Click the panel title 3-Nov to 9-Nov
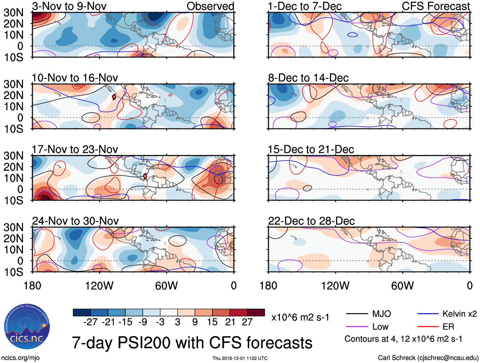click(x=69, y=6)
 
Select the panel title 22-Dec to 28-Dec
click(x=311, y=221)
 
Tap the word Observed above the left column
click(x=210, y=6)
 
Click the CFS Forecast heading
click(x=435, y=6)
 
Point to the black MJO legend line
click(x=357, y=314)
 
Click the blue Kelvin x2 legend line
click(x=428, y=314)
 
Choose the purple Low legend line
click(x=357, y=326)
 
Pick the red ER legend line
click(x=428, y=326)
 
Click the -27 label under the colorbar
click(x=90, y=322)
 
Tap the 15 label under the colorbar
click(x=212, y=322)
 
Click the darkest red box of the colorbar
click(x=256, y=312)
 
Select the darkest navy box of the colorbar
click(x=82, y=312)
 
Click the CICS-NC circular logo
click(x=27, y=326)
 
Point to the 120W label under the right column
click(x=335, y=286)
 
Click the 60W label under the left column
click(x=166, y=286)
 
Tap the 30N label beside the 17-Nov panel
click(x=13, y=156)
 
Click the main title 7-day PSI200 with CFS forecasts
click(x=192, y=343)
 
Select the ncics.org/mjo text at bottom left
click(x=20, y=358)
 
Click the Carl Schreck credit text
click(x=428, y=358)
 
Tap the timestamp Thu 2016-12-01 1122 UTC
click(x=240, y=358)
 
